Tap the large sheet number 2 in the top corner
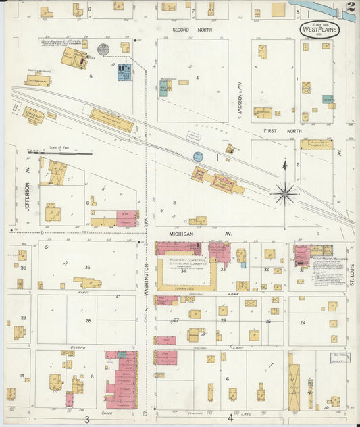pos(350,8)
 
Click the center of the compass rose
pos(285,194)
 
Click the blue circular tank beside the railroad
pos(198,157)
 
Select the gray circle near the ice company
pos(103,49)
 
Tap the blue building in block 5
pos(125,72)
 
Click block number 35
pos(87,268)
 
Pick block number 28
pos(88,320)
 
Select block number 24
pos(303,323)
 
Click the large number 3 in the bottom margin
pos(87,419)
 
